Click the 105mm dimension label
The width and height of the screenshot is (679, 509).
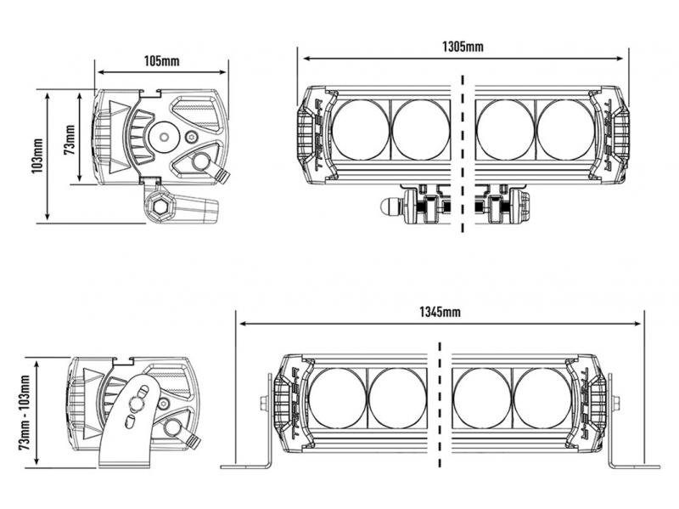pyautogui.click(x=161, y=61)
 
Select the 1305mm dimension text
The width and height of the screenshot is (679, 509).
pyautogui.click(x=463, y=47)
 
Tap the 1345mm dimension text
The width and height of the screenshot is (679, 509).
pyautogui.click(x=440, y=312)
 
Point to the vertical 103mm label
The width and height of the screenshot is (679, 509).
pyautogui.click(x=36, y=156)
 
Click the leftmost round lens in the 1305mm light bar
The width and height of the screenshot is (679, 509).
pyautogui.click(x=360, y=129)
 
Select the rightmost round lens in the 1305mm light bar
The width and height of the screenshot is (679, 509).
pyautogui.click(x=566, y=129)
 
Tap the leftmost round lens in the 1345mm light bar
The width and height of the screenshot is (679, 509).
pyautogui.click(x=337, y=398)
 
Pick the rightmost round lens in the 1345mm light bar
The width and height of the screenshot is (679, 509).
pyautogui.click(x=543, y=398)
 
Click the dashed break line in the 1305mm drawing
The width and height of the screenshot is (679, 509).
pyautogui.click(x=463, y=153)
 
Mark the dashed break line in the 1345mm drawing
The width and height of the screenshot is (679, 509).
pyautogui.click(x=440, y=408)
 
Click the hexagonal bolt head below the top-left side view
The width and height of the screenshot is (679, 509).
pyautogui.click(x=159, y=205)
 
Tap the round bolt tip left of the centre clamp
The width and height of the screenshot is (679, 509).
pyautogui.click(x=390, y=205)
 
